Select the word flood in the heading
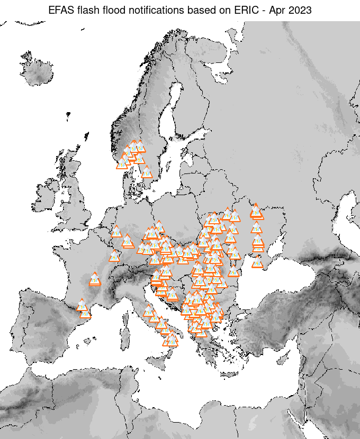point(115,10)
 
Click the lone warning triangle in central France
point(95,278)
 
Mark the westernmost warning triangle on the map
point(82,305)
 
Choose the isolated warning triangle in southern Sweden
point(147,172)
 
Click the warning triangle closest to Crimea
point(258,262)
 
